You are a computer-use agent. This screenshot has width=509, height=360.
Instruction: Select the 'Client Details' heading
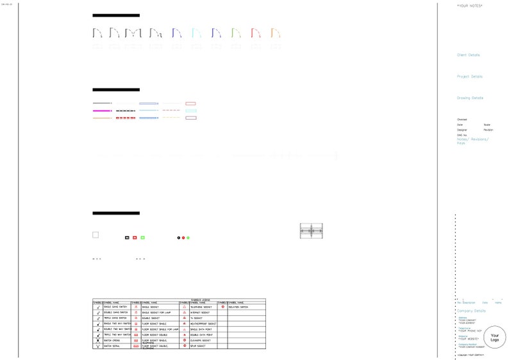[x=468, y=55]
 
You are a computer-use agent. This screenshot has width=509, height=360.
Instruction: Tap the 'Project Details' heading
[x=469, y=76]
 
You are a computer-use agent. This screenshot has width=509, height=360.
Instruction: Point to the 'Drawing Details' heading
[x=470, y=98]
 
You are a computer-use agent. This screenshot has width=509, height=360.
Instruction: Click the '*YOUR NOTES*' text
[x=470, y=5]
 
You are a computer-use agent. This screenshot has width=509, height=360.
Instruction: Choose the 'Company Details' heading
[x=471, y=311]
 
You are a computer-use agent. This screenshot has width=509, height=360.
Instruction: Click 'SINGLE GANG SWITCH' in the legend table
[x=116, y=307]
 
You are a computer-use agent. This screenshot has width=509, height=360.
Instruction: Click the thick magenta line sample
[x=102, y=111]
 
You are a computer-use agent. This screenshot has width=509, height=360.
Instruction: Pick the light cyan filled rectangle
[x=190, y=111]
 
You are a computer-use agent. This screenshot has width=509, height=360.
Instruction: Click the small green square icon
[x=142, y=238]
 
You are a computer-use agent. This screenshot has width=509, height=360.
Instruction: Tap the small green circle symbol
[x=188, y=238]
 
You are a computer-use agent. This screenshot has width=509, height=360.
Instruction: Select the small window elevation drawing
[x=311, y=231]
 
